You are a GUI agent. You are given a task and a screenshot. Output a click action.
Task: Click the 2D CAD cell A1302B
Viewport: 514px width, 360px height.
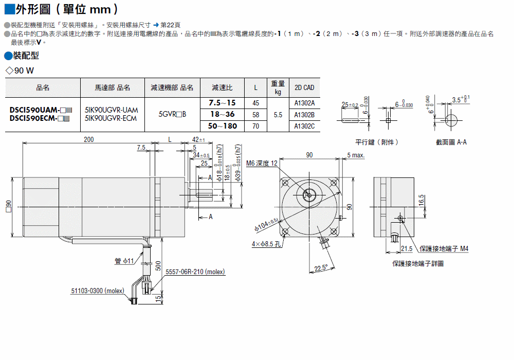[304, 115]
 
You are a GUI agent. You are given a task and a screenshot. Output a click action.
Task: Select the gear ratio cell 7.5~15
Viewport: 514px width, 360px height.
[222, 103]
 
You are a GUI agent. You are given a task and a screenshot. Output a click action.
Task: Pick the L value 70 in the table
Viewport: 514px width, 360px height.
[255, 126]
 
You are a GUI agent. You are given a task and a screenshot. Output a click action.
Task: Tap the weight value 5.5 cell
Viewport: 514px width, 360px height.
[278, 115]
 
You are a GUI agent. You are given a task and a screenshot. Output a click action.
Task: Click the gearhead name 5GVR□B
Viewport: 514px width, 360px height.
[172, 114]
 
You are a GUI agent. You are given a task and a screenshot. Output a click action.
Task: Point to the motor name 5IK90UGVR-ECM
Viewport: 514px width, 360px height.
[111, 118]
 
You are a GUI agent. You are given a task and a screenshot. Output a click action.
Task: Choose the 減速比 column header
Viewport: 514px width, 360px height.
[222, 87]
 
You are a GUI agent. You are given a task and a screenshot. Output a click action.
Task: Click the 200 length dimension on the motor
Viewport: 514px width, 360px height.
[89, 139]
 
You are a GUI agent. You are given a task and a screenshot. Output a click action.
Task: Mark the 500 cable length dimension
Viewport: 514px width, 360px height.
[158, 265]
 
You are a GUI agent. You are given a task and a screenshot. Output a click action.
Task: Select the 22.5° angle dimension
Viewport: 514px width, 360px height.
[321, 268]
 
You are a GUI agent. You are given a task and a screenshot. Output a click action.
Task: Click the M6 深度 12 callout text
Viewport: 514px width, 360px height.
[262, 163]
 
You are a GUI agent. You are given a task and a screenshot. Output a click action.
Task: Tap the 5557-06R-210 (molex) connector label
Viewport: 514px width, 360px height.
[195, 272]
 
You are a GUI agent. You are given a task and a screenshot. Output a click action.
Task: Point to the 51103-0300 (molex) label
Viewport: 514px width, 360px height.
[98, 291]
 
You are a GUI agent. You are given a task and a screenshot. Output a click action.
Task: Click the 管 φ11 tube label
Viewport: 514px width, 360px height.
[124, 261]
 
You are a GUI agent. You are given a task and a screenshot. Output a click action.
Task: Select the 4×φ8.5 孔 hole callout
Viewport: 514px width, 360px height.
[266, 244]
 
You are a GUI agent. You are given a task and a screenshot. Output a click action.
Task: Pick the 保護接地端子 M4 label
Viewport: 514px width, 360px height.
[444, 249]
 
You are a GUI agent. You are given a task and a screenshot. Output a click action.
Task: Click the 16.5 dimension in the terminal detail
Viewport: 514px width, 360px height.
[421, 201]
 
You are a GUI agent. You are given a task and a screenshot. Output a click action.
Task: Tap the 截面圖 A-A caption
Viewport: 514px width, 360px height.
[451, 142]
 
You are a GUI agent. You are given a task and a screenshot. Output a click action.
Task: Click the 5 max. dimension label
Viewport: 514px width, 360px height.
[356, 155]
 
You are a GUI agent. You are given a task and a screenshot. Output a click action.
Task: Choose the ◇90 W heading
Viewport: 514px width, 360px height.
[20, 70]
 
